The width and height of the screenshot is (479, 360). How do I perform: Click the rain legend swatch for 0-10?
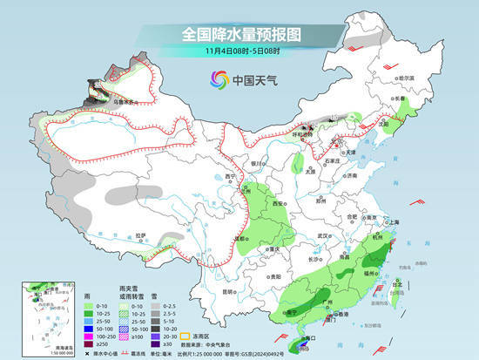[89, 306]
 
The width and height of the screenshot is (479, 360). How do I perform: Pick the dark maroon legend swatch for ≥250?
[89, 343]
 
